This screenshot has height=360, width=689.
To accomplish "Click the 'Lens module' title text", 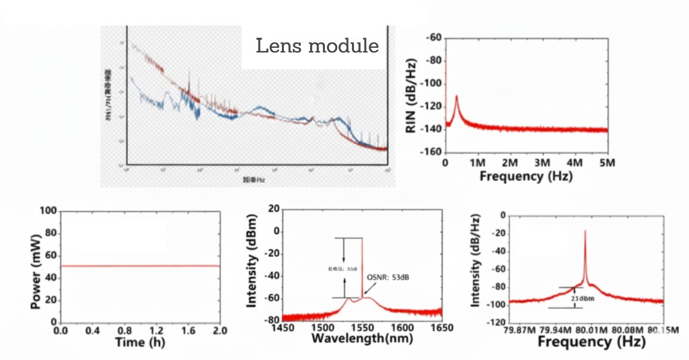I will click(x=317, y=46).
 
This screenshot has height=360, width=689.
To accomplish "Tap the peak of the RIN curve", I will click(x=457, y=96).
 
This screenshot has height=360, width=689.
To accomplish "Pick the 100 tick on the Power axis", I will click(x=49, y=211).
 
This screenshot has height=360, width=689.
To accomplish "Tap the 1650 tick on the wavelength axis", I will click(x=441, y=328).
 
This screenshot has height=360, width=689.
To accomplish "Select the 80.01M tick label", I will click(x=592, y=329).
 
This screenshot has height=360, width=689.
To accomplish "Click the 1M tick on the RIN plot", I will click(x=477, y=164).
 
